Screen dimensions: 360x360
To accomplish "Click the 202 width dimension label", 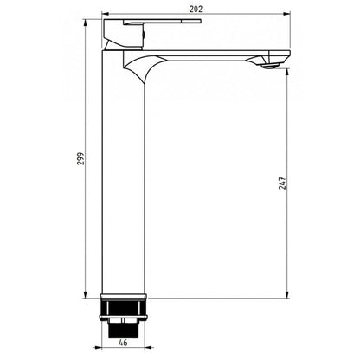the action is tap(196, 9).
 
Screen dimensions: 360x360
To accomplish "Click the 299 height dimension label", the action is tap(81, 158).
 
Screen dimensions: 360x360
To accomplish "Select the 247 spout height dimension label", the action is tap(282, 183).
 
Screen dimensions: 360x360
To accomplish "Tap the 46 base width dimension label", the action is tap(123, 343).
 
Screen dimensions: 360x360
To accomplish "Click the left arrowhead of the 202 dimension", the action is tap(106, 14).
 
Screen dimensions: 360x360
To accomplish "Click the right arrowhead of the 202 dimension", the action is tap(286, 14).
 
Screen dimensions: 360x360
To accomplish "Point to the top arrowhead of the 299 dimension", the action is tap(85, 22).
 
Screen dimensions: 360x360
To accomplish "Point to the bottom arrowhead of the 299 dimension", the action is tap(85, 294).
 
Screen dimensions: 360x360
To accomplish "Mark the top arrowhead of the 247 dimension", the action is tap(287, 72).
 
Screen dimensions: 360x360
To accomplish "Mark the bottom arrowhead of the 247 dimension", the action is tap(287, 294).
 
